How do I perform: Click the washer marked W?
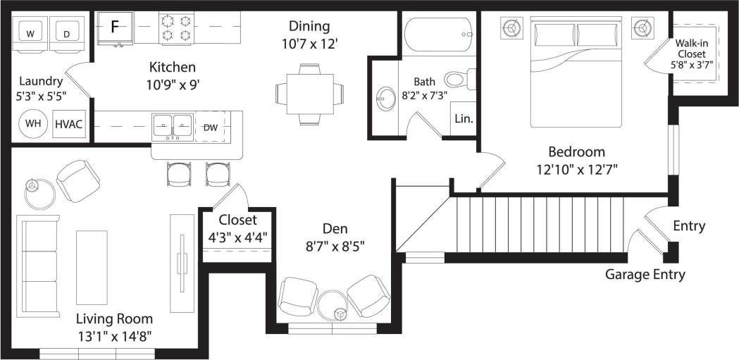(30, 33)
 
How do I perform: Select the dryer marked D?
(67, 33)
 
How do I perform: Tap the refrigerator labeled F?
(115, 27)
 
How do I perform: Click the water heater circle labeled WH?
(32, 124)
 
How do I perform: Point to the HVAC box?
(69, 125)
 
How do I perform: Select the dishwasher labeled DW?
(210, 127)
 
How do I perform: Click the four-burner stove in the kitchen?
(177, 27)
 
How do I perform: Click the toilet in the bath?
(458, 78)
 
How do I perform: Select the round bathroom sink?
(386, 99)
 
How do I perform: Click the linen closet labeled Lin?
(464, 119)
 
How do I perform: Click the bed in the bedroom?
(576, 74)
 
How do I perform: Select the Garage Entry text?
(645, 275)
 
